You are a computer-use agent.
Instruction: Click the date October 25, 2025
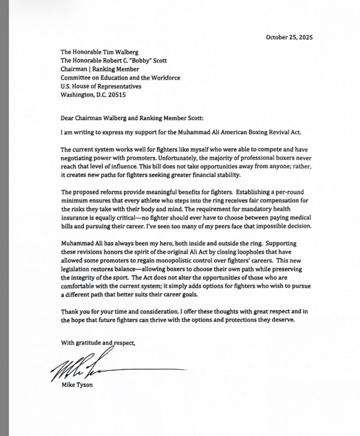(289, 37)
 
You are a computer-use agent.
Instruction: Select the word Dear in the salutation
(68, 114)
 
